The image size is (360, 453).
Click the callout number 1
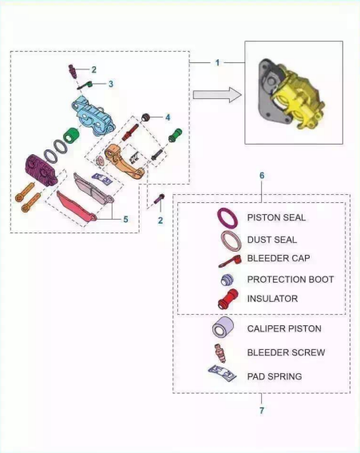[x=217, y=62]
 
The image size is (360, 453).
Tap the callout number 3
[x=111, y=84]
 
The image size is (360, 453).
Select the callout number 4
[x=168, y=117]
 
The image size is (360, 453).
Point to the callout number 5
[x=125, y=219]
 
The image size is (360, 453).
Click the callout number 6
[x=262, y=175]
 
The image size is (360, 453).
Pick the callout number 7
[x=262, y=410]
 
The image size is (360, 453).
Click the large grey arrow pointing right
[x=217, y=95]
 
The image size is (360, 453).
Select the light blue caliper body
[x=93, y=115]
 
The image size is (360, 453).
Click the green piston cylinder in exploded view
[x=71, y=136]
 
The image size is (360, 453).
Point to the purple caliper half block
[x=42, y=170]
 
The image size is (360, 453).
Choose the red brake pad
[x=76, y=207]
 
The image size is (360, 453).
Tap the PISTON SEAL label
[x=276, y=217]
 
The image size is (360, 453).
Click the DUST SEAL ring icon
[x=231, y=240]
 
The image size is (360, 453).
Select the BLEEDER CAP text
[x=279, y=258]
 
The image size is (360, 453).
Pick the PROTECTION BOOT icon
[x=227, y=280]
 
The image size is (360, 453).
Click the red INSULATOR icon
[x=228, y=300]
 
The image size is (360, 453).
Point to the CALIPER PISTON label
[x=284, y=328]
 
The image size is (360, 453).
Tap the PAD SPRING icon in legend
[x=222, y=373]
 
